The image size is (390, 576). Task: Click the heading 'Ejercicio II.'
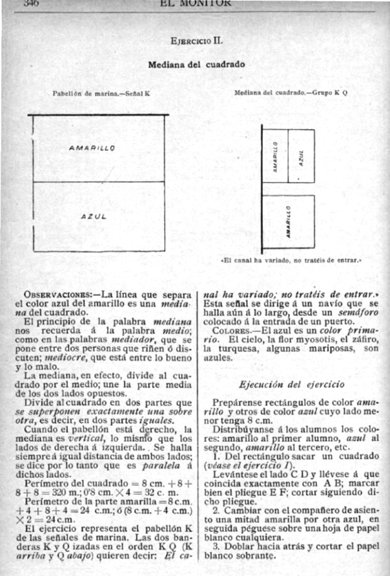[196, 42]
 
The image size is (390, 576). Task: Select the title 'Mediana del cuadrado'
[196, 64]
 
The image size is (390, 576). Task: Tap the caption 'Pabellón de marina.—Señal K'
[101, 93]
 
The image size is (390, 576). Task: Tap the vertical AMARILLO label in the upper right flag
[276, 155]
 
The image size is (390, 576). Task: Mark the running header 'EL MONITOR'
[196, 3]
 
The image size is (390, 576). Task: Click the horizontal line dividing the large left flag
[99, 182]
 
